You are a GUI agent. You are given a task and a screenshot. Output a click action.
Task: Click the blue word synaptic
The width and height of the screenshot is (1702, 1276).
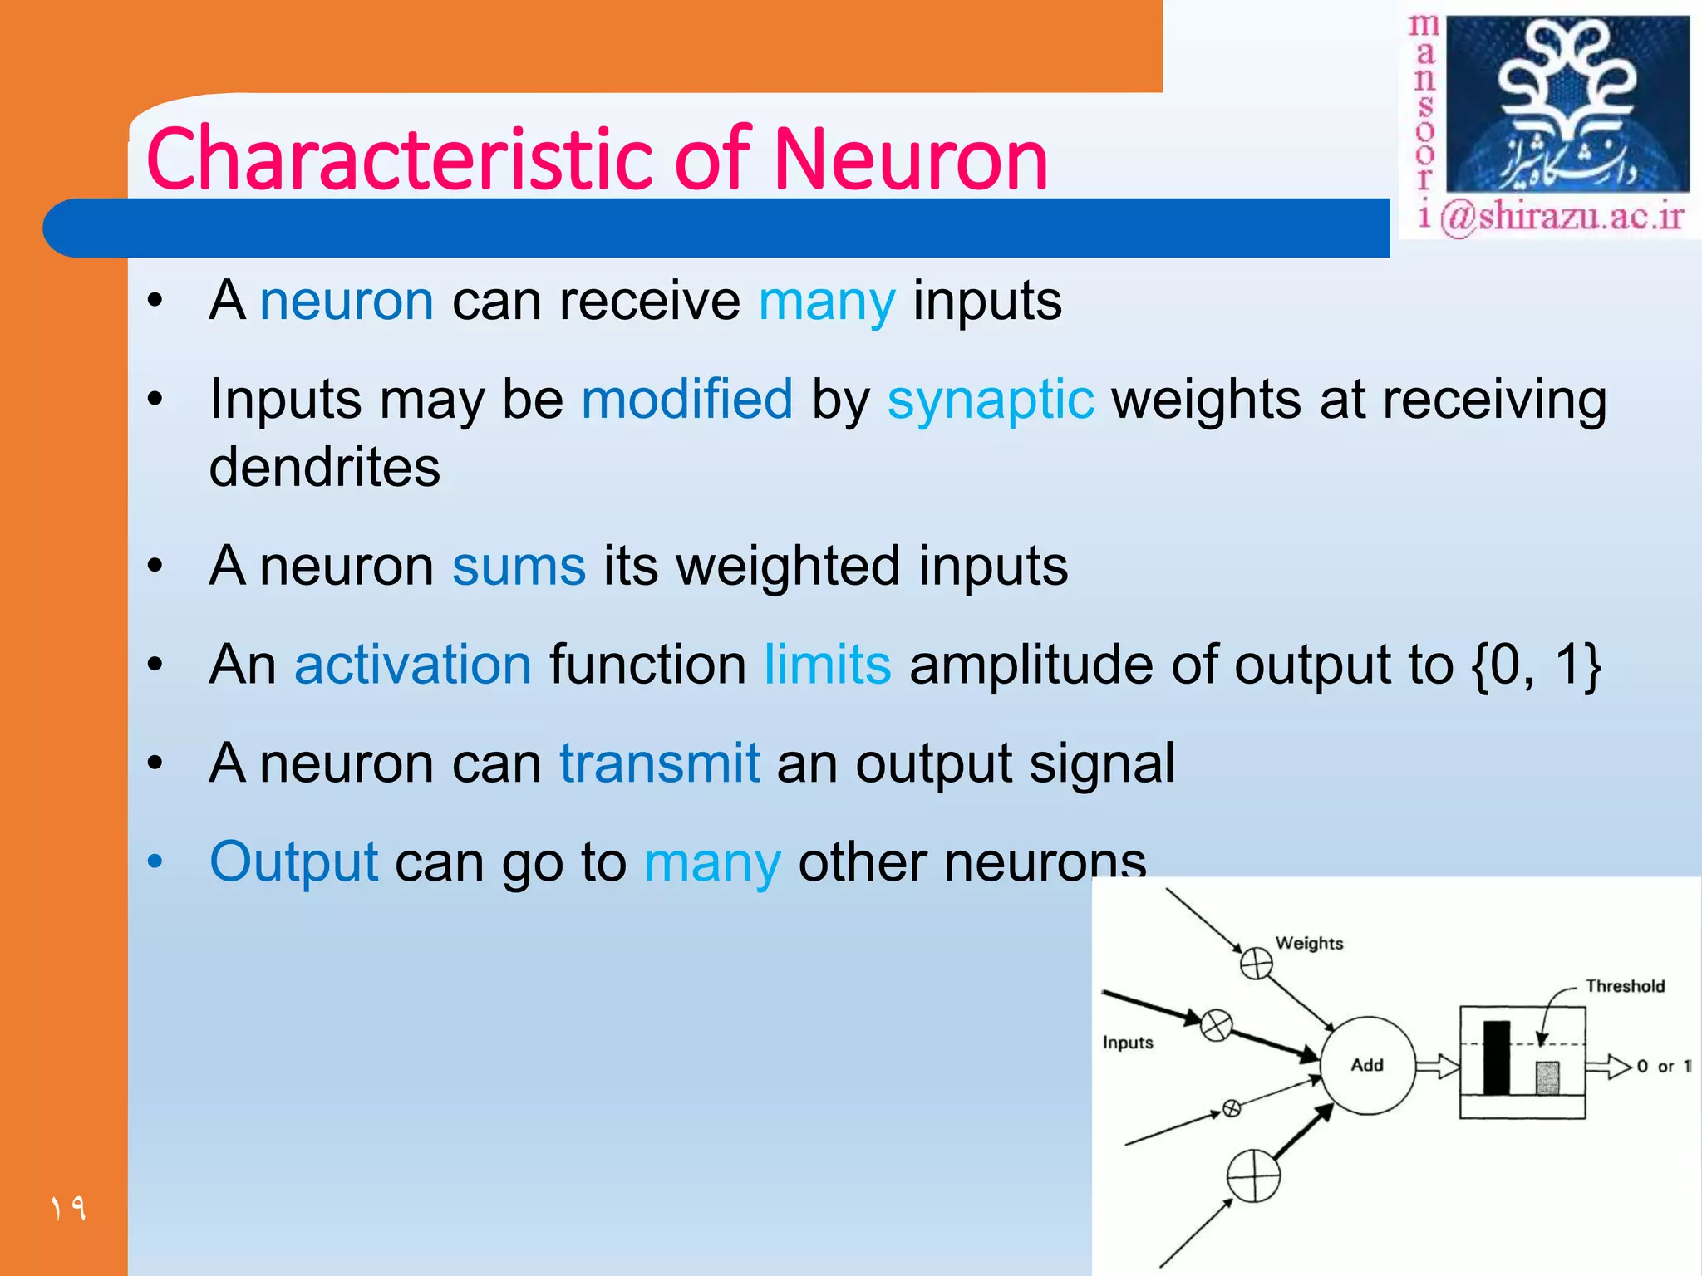(x=990, y=400)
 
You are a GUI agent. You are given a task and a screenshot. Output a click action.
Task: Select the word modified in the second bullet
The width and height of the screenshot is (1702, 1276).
(x=686, y=400)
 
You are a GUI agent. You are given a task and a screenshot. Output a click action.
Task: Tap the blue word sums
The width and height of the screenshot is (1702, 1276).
(x=519, y=567)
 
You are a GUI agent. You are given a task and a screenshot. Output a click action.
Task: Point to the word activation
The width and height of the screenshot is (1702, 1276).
(x=413, y=665)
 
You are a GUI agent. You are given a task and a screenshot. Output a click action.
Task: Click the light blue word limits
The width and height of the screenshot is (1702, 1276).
(x=827, y=665)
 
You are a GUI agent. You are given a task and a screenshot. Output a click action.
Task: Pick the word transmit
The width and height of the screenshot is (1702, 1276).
(x=659, y=763)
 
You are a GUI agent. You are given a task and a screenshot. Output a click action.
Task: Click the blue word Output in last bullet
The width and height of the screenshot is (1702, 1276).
(x=294, y=861)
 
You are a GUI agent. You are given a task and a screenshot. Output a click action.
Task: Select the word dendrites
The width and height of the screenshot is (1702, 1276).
(x=324, y=467)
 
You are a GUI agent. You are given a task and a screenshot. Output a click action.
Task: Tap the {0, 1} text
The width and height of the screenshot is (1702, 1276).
(x=1535, y=665)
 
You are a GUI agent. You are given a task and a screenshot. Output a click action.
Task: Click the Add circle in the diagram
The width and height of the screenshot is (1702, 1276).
(x=1367, y=1065)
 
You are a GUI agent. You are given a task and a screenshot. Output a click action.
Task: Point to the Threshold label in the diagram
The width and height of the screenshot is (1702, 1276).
(x=1625, y=986)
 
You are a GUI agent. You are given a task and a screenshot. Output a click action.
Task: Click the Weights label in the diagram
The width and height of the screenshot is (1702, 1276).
(x=1309, y=943)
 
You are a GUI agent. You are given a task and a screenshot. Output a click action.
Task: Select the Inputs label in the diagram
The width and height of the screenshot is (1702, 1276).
(x=1128, y=1043)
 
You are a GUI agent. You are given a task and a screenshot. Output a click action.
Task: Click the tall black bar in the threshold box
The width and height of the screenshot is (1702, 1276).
(x=1496, y=1058)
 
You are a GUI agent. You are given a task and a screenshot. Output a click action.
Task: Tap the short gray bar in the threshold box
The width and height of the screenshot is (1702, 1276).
(x=1547, y=1078)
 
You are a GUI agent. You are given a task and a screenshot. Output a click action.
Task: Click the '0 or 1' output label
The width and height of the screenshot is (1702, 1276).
(x=1663, y=1066)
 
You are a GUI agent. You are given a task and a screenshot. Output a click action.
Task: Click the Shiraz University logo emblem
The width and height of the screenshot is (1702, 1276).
(x=1567, y=104)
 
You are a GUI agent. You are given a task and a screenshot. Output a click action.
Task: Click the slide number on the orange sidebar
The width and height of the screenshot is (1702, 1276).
(x=68, y=1207)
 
